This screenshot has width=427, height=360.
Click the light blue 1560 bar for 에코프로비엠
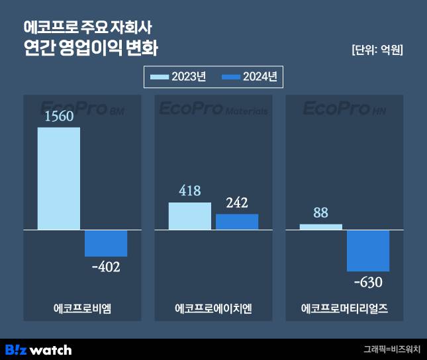pyautogui.click(x=59, y=179)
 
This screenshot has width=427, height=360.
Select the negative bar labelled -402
pyautogui.click(x=106, y=243)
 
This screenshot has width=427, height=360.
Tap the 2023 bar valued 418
pyautogui.click(x=189, y=216)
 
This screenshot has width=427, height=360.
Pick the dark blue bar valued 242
pyautogui.click(x=237, y=222)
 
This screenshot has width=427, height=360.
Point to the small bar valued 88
pyautogui.click(x=321, y=227)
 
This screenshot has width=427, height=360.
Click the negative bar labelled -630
pyautogui.click(x=368, y=251)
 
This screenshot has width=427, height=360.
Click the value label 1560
pyautogui.click(x=59, y=117)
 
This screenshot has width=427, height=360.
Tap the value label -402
pyautogui.click(x=106, y=268)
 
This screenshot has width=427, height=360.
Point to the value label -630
pyautogui.click(x=369, y=283)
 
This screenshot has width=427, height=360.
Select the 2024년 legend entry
pyautogui.click(x=250, y=77)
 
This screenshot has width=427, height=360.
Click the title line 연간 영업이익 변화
pyautogui.click(x=91, y=48)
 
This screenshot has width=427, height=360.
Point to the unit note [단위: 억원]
pyautogui.click(x=377, y=50)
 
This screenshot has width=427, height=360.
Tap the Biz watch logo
pyautogui.click(x=38, y=349)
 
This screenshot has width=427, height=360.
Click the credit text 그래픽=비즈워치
pyautogui.click(x=392, y=349)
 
